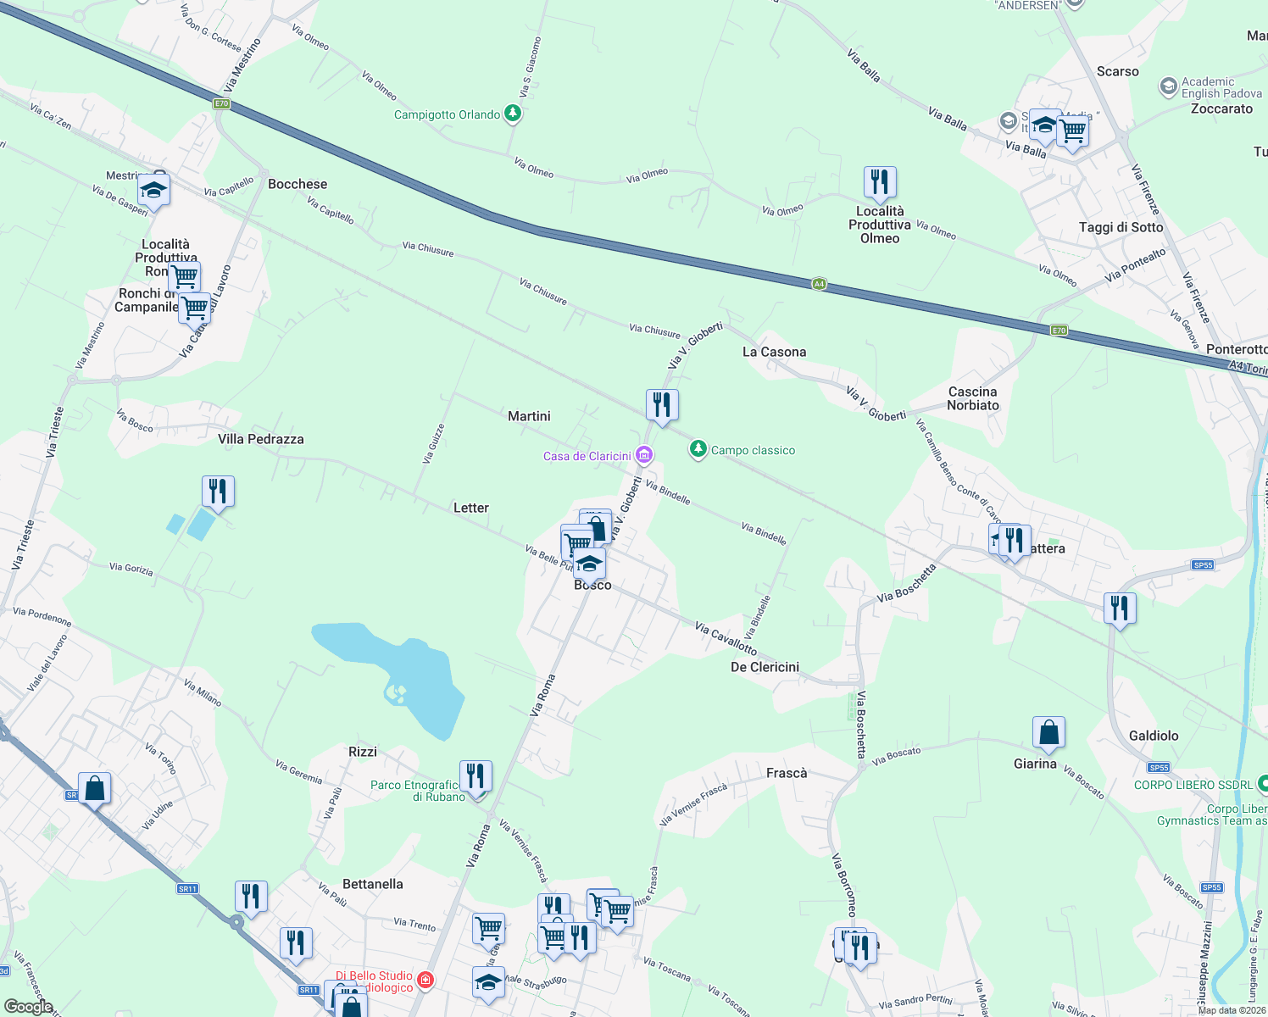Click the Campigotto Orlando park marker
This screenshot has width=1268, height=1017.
[512, 113]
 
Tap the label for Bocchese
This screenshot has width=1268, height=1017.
[298, 184]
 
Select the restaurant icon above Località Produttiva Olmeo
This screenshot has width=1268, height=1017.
[880, 181]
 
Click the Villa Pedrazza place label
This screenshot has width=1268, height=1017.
[261, 439]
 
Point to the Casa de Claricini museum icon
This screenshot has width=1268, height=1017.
[644, 456]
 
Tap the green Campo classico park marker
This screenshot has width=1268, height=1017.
[698, 449]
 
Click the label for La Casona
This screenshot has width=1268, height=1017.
[774, 352]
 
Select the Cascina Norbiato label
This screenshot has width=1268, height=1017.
[973, 398]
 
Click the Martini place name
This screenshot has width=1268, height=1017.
[529, 416]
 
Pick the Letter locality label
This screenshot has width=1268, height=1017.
[471, 508]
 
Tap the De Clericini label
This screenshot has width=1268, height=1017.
[765, 667]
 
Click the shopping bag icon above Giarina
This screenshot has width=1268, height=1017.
[1048, 734]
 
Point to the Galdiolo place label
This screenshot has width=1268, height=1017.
[1154, 736]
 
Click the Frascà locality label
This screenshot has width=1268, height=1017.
[787, 773]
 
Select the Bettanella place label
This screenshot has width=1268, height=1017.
[373, 884]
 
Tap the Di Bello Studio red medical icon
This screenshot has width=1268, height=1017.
[425, 981]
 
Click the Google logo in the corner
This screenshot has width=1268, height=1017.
[29, 1006]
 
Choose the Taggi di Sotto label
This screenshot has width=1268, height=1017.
[1121, 227]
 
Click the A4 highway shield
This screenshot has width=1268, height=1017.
[819, 284]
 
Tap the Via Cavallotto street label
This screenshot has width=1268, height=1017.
[726, 638]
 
